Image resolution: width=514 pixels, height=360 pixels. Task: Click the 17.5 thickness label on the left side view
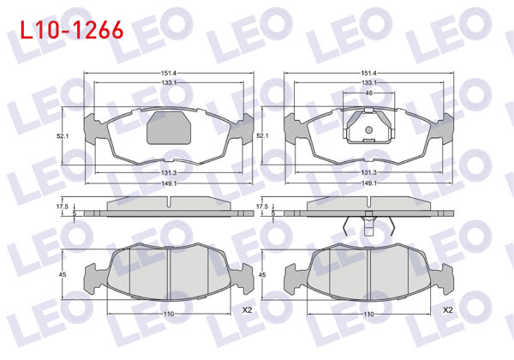pyautogui.click(x=61, y=206)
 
